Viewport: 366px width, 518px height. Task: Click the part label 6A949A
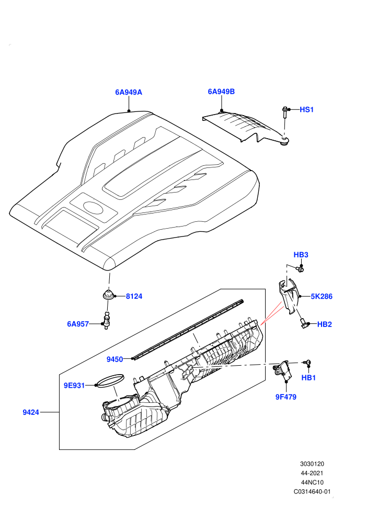point(129,92)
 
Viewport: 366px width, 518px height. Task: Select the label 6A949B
point(221,92)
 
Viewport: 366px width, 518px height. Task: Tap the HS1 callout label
point(306,110)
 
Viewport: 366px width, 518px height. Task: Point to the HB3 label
point(301,255)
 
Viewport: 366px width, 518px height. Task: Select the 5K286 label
point(322,296)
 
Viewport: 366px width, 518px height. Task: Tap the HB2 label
point(324,324)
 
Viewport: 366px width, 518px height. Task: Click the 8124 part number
point(134,296)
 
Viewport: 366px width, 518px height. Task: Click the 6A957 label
point(78,324)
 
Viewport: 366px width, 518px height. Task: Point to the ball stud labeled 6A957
point(107,320)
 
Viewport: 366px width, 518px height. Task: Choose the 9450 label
point(115,359)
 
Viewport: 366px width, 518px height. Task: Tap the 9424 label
point(31,412)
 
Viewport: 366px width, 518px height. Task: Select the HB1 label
point(308,378)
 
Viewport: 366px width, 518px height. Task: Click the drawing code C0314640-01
point(312,491)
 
